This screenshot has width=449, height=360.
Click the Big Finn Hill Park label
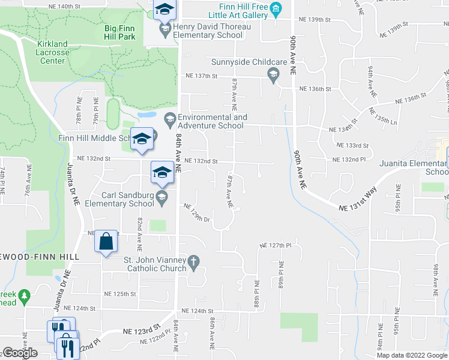click(x=119, y=32)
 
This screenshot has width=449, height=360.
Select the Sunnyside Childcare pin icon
click(x=273, y=73)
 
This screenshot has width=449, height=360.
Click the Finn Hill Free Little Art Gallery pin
click(x=276, y=8)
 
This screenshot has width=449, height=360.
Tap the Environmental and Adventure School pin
click(x=170, y=118)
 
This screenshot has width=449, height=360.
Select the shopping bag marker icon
click(x=106, y=242)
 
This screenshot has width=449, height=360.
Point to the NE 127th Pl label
click(x=275, y=245)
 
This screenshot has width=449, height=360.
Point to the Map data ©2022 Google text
click(x=411, y=355)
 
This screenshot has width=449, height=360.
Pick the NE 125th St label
click(x=119, y=294)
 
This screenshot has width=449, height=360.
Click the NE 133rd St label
click(x=353, y=145)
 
